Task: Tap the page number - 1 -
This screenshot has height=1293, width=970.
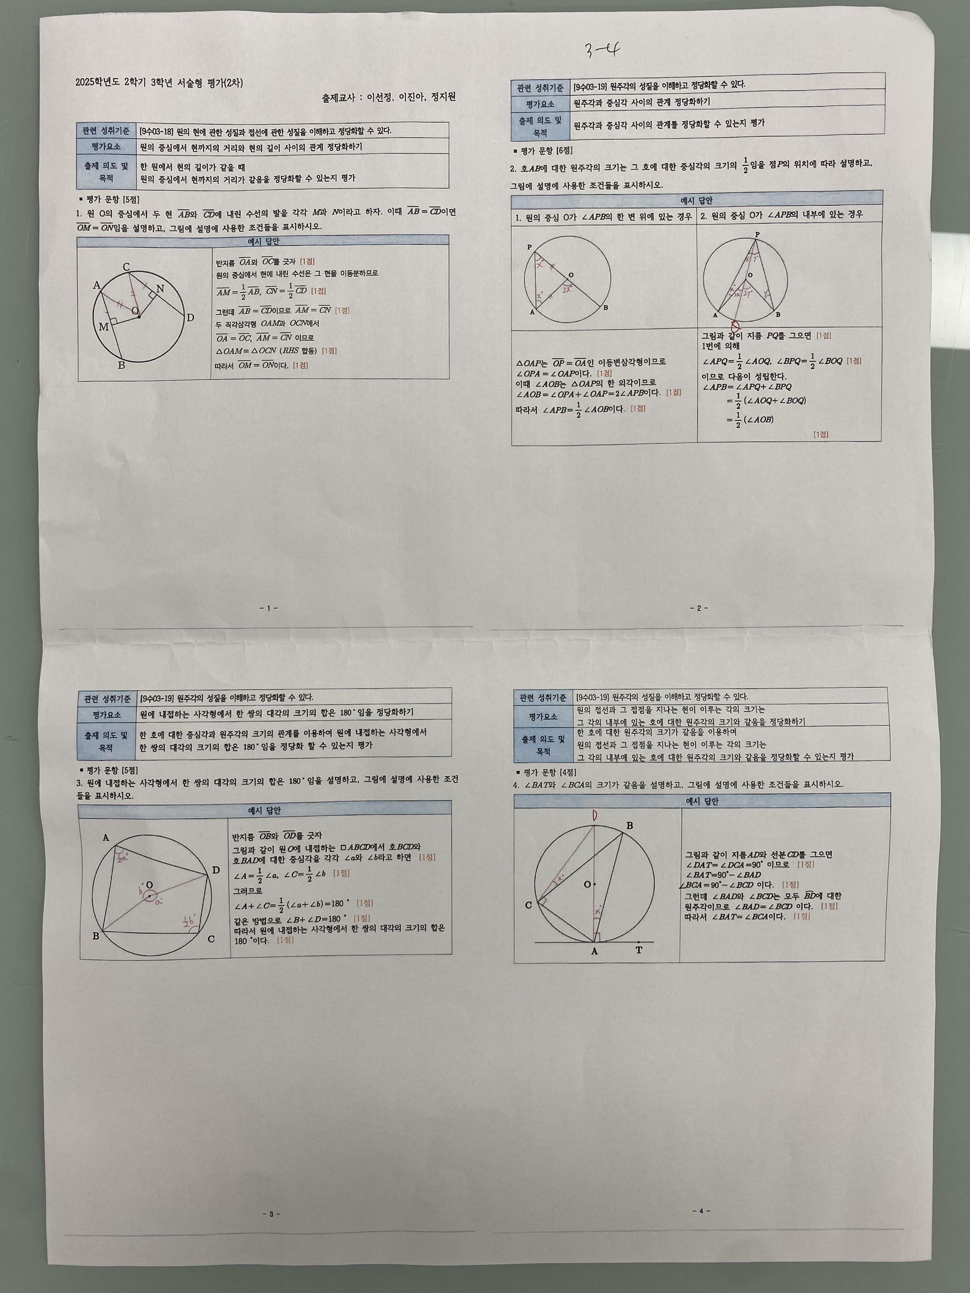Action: tap(268, 608)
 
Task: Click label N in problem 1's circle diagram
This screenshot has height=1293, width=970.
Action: tap(160, 288)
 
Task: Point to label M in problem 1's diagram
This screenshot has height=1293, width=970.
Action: tap(104, 327)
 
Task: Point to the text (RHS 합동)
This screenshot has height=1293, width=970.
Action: tap(298, 351)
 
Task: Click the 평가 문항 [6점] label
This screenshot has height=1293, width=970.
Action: tap(543, 151)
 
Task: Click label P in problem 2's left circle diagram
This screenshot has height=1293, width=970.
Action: tap(530, 247)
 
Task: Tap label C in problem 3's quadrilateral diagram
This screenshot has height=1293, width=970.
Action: tap(211, 939)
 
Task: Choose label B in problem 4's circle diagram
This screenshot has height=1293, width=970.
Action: tap(630, 825)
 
